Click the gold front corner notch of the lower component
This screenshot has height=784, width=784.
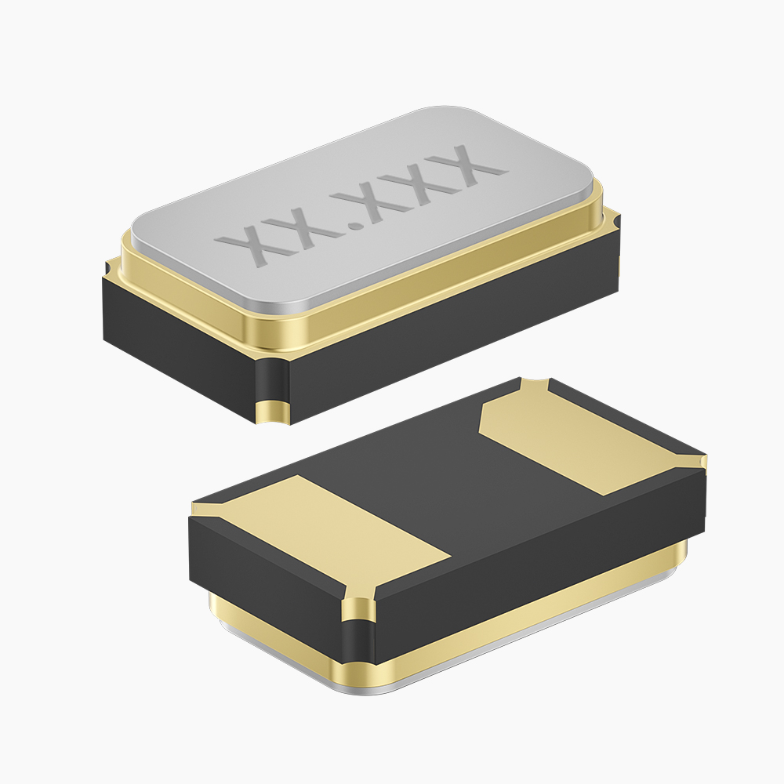tap(361, 608)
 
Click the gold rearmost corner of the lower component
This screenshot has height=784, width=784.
tap(533, 384)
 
